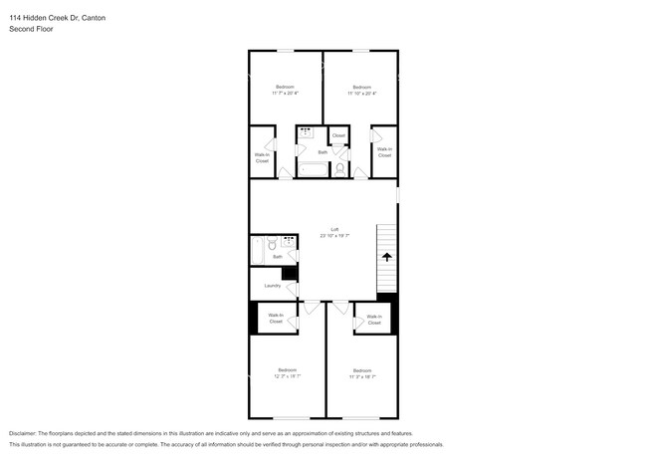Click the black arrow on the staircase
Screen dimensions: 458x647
click(x=386, y=256)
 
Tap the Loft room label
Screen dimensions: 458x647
click(x=323, y=228)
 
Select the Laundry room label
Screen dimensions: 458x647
click(x=271, y=286)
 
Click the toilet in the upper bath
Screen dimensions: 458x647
click(x=338, y=169)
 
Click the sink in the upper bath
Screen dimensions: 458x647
click(x=306, y=131)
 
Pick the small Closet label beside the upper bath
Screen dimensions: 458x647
click(x=338, y=135)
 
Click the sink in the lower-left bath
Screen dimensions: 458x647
click(x=288, y=241)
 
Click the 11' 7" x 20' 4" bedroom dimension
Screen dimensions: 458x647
click(x=285, y=93)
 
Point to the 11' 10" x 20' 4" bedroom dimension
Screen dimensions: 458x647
click(x=361, y=93)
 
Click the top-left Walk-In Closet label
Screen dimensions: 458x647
click(x=262, y=157)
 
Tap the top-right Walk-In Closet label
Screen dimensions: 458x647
click(x=384, y=152)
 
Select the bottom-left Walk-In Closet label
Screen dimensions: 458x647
click(x=276, y=318)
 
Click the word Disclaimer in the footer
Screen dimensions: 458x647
click(x=27, y=434)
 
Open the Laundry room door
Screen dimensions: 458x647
click(x=293, y=288)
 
